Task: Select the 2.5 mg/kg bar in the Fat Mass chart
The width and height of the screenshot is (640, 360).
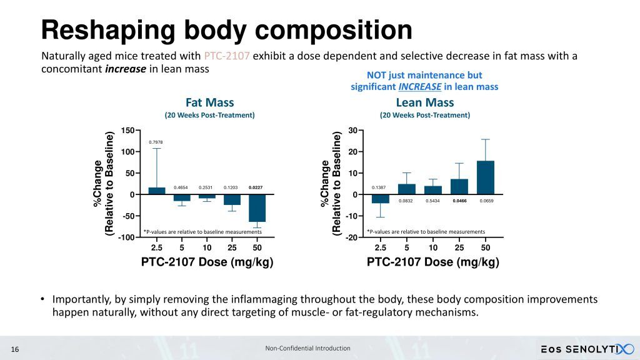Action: pyautogui.click(x=157, y=191)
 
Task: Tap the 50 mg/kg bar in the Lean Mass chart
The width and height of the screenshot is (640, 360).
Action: pyautogui.click(x=486, y=177)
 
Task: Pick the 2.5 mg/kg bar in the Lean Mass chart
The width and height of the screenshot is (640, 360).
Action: pyautogui.click(x=381, y=199)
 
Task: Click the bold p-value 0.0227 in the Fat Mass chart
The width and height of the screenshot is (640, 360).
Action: pyautogui.click(x=255, y=187)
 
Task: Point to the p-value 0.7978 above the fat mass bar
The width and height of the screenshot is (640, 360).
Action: pyautogui.click(x=156, y=142)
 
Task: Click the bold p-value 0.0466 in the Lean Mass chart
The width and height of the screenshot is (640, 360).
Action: pyautogui.click(x=459, y=201)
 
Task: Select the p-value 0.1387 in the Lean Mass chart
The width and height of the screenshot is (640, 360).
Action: pyautogui.click(x=378, y=187)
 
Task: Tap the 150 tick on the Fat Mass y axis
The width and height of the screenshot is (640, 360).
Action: pyautogui.click(x=128, y=131)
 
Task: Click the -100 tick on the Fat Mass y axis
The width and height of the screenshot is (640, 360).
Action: pyautogui.click(x=127, y=237)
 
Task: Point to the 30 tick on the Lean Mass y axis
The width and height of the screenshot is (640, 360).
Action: pyautogui.click(x=352, y=131)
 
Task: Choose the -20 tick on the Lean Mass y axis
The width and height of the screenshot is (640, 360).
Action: pyautogui.click(x=351, y=237)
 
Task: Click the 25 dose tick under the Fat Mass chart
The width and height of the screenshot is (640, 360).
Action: pyautogui.click(x=231, y=247)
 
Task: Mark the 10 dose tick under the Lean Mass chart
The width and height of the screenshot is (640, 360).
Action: pyautogui.click(x=433, y=247)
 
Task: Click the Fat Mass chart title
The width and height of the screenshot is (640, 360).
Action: pyautogui.click(x=209, y=102)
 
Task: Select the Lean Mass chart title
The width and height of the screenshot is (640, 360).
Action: pyautogui.click(x=425, y=102)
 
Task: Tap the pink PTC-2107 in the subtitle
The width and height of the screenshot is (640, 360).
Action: pyautogui.click(x=227, y=56)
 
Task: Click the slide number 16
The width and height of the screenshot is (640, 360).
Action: pyautogui.click(x=16, y=349)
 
